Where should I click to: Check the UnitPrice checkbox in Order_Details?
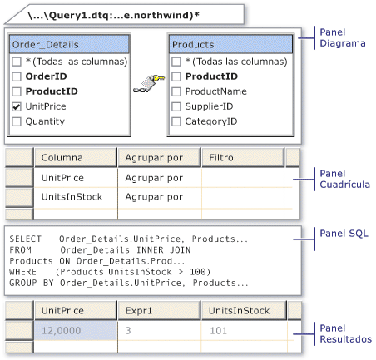click(x=17, y=106)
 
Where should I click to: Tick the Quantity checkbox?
click(x=17, y=121)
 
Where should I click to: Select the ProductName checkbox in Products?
click(x=176, y=91)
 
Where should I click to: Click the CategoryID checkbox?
click(x=176, y=121)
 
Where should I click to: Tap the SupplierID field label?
click(x=209, y=106)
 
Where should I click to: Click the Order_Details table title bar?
click(x=69, y=44)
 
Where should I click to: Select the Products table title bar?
click(x=230, y=44)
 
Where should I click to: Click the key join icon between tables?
click(x=149, y=83)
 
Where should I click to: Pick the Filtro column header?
click(x=243, y=158)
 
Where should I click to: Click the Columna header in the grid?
click(x=76, y=158)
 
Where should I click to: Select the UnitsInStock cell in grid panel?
click(x=72, y=197)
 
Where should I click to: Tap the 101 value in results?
click(x=218, y=331)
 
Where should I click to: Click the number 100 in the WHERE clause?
click(x=198, y=272)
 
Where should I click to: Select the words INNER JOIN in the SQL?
click(x=164, y=250)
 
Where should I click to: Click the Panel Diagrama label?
click(x=343, y=37)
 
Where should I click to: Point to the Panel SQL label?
click(x=344, y=234)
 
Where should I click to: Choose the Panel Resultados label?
click(x=345, y=333)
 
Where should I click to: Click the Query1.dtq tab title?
click(x=113, y=15)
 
